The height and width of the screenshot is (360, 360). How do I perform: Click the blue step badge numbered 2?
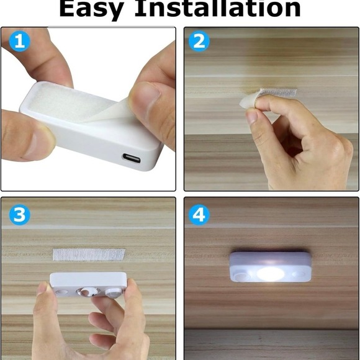(x=199, y=42)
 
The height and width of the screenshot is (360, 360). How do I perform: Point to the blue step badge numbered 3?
(x=19, y=215)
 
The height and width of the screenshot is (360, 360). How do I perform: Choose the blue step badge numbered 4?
(x=199, y=215)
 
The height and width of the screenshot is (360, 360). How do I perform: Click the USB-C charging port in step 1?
(x=132, y=159)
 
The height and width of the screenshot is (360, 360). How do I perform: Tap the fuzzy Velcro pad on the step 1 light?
(x=68, y=106)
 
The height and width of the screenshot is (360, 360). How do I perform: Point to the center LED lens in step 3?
(x=88, y=290)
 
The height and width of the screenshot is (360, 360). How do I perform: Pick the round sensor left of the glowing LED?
(x=240, y=274)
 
